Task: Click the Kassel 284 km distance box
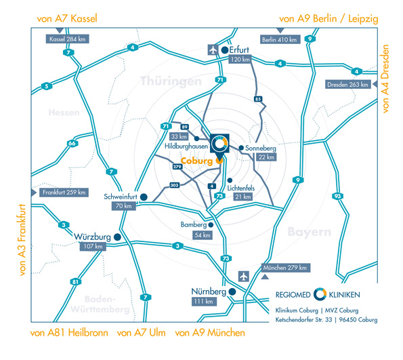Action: (67, 39)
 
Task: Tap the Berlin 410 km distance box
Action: (280, 39)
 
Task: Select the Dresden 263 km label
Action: (347, 84)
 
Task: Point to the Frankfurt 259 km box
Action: (64, 193)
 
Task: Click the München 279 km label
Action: (286, 268)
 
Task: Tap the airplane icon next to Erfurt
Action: (213, 50)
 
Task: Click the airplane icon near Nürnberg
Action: (243, 277)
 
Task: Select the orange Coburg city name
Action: (197, 161)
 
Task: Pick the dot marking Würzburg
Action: (117, 237)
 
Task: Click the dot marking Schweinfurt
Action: (144, 197)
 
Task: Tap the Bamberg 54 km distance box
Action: (203, 235)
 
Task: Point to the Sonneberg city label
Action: (261, 148)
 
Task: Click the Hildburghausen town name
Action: (186, 146)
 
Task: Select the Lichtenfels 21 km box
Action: (243, 197)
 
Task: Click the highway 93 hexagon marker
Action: (337, 196)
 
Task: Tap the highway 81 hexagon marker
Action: (75, 282)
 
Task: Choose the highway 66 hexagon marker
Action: (72, 143)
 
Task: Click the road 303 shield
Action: (174, 185)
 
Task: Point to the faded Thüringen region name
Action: (171, 81)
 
